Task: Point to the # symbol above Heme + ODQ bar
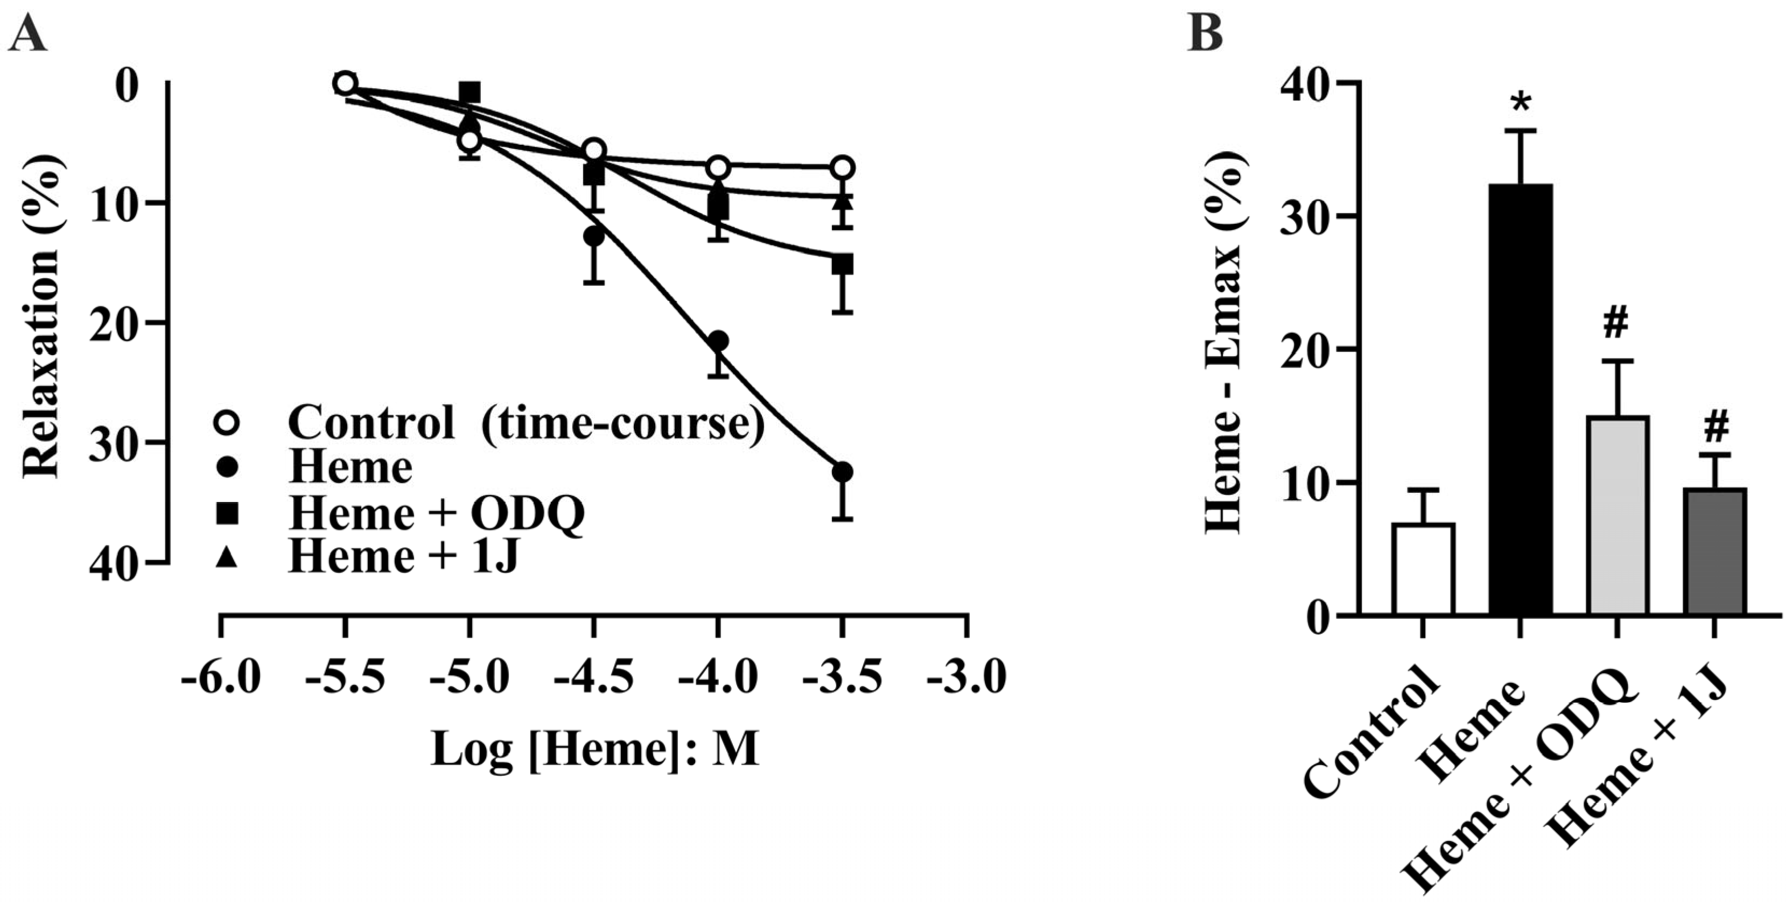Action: coord(1618,324)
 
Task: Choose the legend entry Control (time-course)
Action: coord(525,421)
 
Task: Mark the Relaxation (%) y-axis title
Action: coord(42,316)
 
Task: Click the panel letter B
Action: coord(1206,33)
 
